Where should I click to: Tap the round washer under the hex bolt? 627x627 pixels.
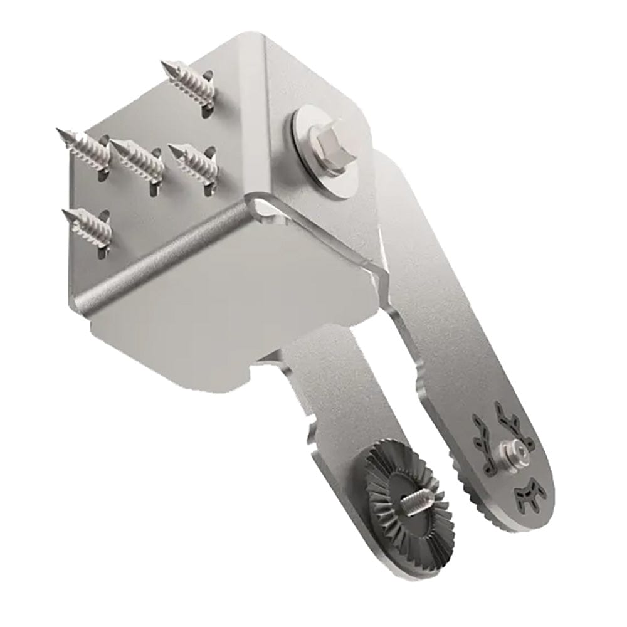click(306, 125)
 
